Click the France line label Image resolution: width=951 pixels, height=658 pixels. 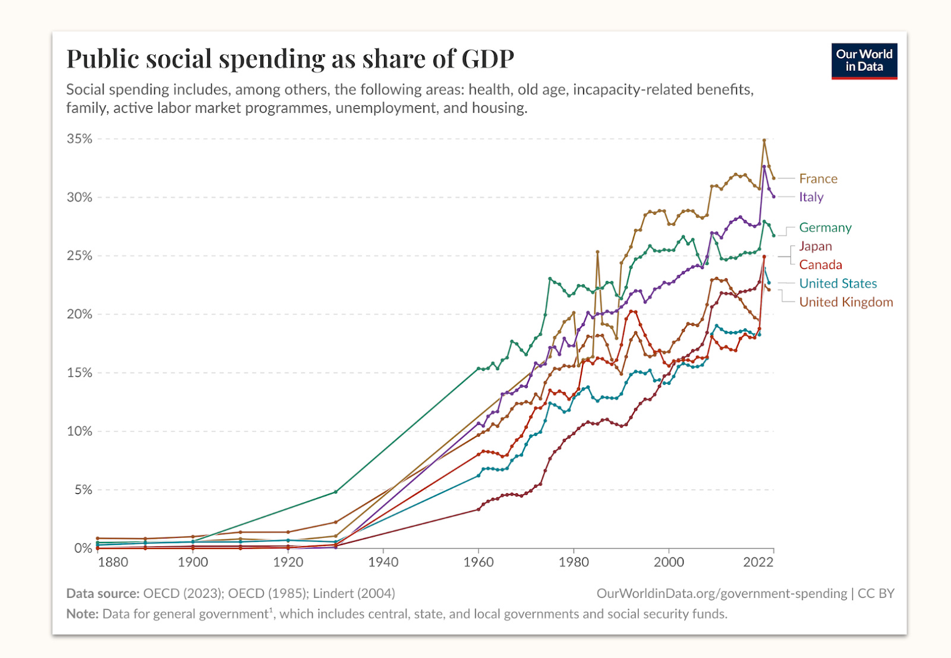click(818, 178)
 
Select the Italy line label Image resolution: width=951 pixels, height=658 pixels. click(811, 197)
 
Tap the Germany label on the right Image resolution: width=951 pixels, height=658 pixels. click(825, 227)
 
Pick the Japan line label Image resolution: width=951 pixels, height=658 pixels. click(815, 246)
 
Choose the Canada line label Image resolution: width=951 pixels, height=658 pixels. click(820, 265)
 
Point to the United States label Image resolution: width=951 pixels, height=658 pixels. click(837, 283)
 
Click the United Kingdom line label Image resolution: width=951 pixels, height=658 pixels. click(846, 302)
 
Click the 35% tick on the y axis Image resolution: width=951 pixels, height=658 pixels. click(80, 139)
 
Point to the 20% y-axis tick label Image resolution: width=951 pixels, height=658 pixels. click(80, 314)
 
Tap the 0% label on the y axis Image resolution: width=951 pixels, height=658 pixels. click(83, 548)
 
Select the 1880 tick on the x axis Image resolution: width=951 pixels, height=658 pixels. click(113, 562)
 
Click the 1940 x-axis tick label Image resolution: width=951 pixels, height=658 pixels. click(383, 562)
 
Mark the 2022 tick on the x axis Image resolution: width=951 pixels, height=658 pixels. click(758, 562)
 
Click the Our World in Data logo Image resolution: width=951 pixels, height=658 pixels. click(864, 61)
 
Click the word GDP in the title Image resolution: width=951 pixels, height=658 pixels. click(487, 59)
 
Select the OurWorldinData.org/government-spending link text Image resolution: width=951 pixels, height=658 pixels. click(722, 593)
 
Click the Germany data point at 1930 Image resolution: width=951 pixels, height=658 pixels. click(336, 492)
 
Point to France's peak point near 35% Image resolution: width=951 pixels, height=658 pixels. click(764, 140)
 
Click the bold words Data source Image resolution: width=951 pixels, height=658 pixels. click(102, 593)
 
